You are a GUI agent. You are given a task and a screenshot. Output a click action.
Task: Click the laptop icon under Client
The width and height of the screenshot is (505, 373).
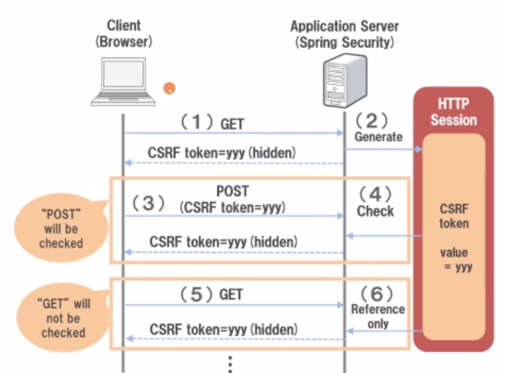point(123,82)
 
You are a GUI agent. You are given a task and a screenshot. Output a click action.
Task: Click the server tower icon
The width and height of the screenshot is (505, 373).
point(344,83)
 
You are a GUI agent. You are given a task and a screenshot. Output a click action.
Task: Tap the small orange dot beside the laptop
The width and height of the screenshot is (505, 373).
point(170,88)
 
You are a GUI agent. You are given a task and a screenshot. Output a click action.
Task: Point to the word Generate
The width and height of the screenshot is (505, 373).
point(379,136)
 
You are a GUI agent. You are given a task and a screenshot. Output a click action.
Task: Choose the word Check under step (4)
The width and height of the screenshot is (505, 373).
point(376,212)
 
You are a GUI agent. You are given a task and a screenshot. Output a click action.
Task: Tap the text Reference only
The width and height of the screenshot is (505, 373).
point(377,316)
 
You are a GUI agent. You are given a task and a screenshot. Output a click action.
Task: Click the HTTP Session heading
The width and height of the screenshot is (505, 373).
point(453,112)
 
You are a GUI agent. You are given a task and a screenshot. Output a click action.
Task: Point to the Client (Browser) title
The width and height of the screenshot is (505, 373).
point(123,34)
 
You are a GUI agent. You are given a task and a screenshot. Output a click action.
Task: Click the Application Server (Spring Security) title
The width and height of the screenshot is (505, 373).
point(344,34)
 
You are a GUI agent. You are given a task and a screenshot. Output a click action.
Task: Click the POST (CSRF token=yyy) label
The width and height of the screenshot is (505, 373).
point(233,199)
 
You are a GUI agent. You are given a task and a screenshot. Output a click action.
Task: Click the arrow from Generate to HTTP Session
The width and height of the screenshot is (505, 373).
point(383,150)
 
